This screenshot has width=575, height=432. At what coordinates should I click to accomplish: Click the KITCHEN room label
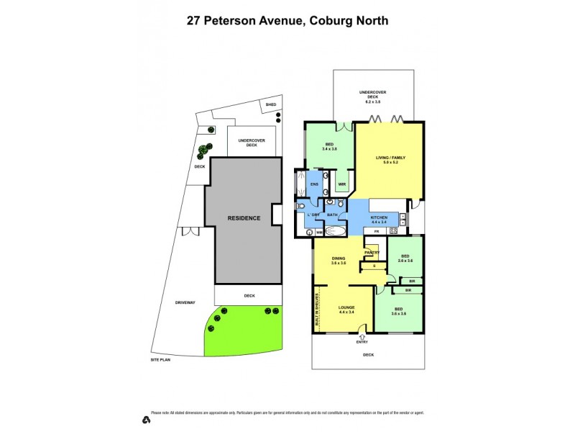click(x=379, y=217)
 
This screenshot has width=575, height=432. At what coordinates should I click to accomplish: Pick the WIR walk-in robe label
click(x=342, y=184)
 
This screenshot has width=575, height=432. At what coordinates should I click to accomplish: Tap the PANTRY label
click(x=372, y=253)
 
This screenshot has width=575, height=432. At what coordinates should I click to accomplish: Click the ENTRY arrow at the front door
click(x=362, y=336)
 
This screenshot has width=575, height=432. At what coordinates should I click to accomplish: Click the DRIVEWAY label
click(x=185, y=302)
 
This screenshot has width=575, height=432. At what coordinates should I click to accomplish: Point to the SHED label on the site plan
click(x=271, y=105)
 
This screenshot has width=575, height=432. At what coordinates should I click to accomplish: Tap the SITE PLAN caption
click(x=161, y=359)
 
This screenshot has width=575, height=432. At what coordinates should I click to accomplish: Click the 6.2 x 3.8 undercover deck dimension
click(x=372, y=102)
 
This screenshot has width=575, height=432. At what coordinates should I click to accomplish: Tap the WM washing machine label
click(x=318, y=232)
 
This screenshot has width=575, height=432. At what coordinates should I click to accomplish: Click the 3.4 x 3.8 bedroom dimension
click(x=330, y=149)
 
